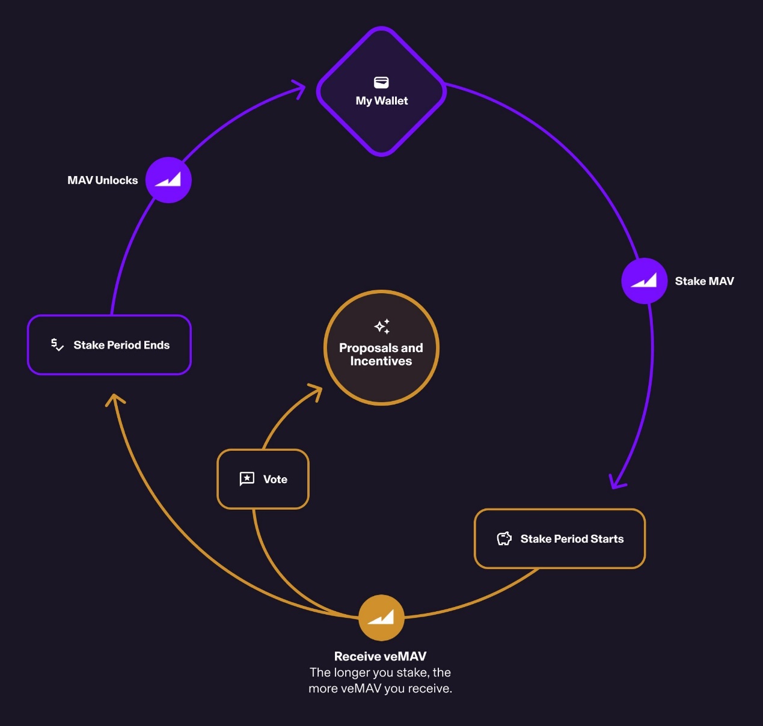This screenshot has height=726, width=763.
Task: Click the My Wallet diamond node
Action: point(381,91)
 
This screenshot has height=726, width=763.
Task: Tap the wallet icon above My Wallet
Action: point(381,82)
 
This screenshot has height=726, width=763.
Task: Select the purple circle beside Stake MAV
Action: point(644,281)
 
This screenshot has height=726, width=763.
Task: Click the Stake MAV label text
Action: point(705,281)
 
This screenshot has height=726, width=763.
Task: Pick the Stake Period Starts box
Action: point(560,538)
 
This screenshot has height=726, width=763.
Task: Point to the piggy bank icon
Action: point(504,538)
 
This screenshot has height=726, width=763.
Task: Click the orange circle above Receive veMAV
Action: point(381,617)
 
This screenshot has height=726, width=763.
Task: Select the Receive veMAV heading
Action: point(381,656)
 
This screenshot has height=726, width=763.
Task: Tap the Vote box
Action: point(263,479)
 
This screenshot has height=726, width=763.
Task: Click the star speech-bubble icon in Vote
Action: point(247,479)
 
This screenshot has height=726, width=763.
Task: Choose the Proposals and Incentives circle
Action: point(381,347)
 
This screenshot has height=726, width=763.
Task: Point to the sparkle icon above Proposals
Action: point(382,326)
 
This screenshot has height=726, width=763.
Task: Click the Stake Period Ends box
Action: point(109,344)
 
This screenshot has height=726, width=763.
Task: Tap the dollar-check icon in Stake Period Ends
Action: point(58,344)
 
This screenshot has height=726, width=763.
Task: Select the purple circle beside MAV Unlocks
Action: point(168,180)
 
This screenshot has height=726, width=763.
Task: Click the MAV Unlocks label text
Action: point(102,180)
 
